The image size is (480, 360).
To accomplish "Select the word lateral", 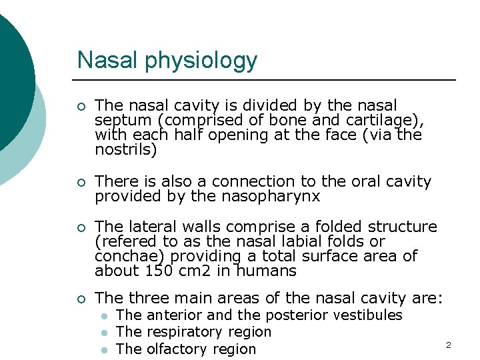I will coord(150,227).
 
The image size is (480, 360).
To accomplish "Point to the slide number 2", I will coord(448,345).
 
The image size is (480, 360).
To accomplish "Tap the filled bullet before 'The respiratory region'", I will coord(103,333).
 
